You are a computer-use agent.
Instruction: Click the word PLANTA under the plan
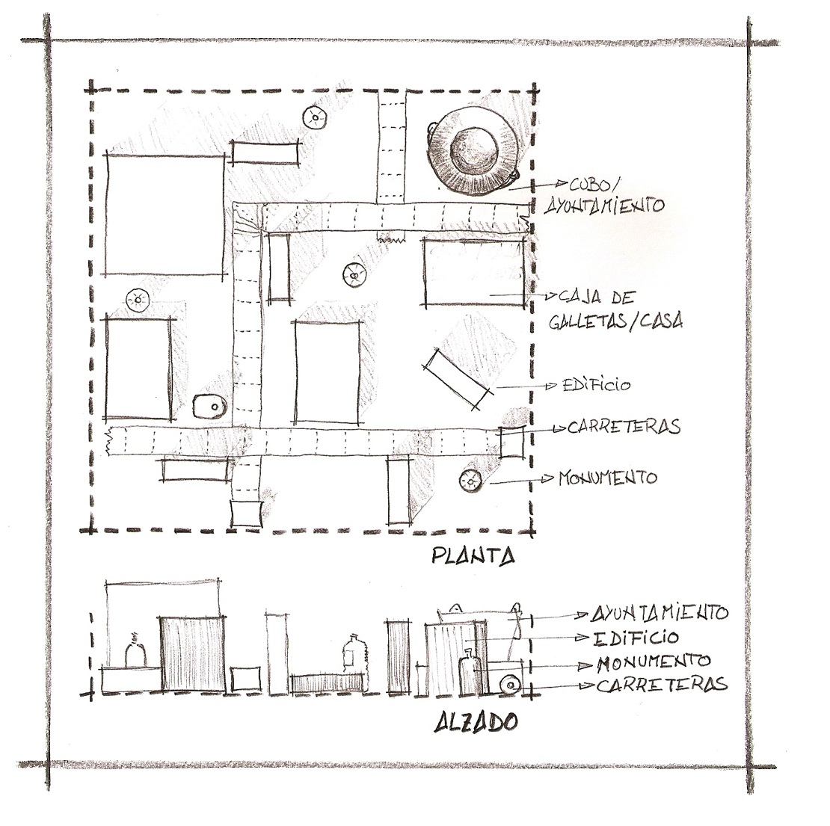[x=473, y=555]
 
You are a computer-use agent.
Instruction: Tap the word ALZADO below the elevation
[x=476, y=722]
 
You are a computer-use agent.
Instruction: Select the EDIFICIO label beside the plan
[x=597, y=385]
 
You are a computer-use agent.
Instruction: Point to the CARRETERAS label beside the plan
[x=624, y=427]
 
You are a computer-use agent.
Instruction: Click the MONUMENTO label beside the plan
[x=608, y=478]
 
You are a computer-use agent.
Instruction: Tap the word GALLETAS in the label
[x=588, y=321]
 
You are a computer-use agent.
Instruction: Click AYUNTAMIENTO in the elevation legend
[x=660, y=613]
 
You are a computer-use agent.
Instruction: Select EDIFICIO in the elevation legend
[x=636, y=638]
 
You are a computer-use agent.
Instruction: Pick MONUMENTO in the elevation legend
[x=654, y=662]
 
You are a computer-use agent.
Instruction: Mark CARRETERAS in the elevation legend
[x=663, y=685]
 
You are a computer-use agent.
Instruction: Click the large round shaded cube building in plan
[x=473, y=151]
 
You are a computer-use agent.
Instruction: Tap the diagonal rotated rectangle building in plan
[x=458, y=379]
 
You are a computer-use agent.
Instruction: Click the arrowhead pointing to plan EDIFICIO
[x=552, y=385]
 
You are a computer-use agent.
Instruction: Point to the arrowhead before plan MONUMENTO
[x=548, y=479]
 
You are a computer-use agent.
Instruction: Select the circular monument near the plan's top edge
[x=315, y=117]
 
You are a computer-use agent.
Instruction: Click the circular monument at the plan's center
[x=354, y=274]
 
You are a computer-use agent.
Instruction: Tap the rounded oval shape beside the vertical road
[x=209, y=407]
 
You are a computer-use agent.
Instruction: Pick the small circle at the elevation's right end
[x=510, y=685]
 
